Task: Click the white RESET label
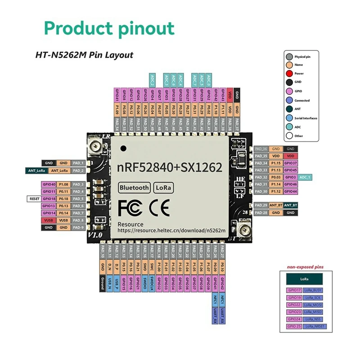click(x=33, y=198)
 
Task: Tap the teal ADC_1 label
click(x=306, y=177)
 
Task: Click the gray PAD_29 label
click(x=261, y=205)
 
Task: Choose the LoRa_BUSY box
click(x=313, y=290)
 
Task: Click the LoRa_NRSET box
click(x=314, y=326)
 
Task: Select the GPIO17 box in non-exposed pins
click(x=293, y=290)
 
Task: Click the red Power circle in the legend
click(x=289, y=73)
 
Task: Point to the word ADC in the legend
click(x=298, y=127)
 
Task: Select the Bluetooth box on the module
click(x=134, y=188)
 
